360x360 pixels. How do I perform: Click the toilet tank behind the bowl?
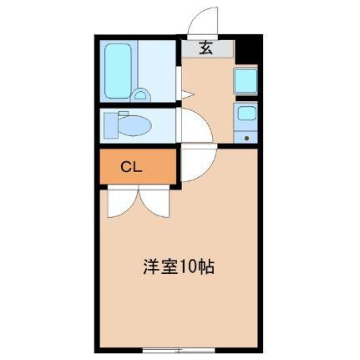(112, 124)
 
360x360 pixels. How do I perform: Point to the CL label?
(132, 166)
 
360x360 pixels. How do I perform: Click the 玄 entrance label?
(205, 48)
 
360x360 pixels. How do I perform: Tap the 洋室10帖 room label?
(178, 268)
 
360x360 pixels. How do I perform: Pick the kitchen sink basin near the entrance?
(246, 80)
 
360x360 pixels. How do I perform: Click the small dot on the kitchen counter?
(246, 135)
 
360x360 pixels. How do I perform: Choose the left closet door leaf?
(119, 201)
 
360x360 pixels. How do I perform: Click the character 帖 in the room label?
(206, 268)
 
